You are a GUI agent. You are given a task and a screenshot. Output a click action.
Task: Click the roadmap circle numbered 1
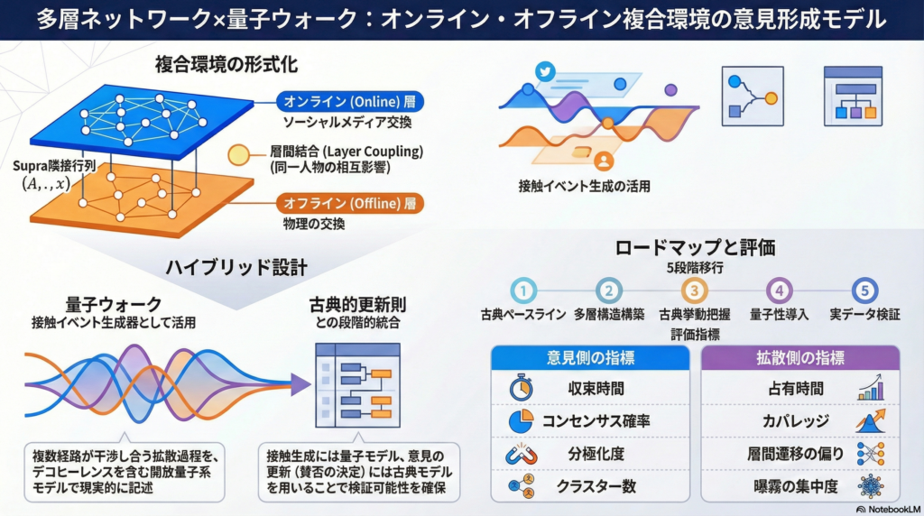(x=523, y=290)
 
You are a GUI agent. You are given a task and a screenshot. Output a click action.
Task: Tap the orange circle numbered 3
(x=694, y=290)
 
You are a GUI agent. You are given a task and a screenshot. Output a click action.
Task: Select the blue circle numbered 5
(x=864, y=290)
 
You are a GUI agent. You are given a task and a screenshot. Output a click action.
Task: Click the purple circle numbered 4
(x=780, y=290)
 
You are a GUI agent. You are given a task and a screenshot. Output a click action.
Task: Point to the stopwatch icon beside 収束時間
(x=521, y=389)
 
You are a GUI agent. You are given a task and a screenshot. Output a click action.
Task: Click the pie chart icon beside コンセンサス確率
(x=521, y=421)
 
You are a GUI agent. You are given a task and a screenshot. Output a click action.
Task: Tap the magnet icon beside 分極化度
(x=521, y=454)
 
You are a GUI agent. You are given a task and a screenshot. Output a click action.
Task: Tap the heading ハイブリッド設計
(x=236, y=268)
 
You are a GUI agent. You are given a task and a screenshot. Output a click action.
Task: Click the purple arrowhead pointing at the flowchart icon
(x=300, y=385)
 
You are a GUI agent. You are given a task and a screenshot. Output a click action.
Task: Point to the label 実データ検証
(x=864, y=315)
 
